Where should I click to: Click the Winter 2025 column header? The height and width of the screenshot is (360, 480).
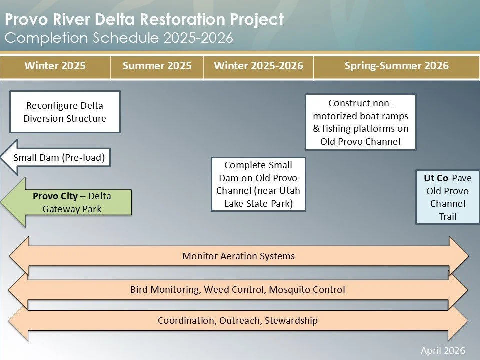55,66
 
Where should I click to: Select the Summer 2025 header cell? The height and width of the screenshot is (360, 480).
157,66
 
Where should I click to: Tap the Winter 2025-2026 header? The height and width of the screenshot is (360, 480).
258,66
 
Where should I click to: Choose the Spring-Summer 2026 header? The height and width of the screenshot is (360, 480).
396,66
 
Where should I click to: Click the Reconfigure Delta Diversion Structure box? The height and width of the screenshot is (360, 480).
65,112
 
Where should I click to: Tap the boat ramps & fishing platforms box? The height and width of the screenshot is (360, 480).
360,122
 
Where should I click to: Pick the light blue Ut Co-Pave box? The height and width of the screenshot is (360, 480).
447,197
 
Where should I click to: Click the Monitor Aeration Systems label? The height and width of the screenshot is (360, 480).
238,256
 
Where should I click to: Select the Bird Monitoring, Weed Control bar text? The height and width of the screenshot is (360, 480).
237,289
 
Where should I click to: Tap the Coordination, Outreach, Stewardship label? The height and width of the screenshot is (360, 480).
237,320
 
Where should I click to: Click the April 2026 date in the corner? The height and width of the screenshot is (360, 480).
443,350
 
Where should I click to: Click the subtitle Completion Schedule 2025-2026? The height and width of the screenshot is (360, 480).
119,37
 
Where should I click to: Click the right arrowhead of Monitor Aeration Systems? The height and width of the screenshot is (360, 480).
459,256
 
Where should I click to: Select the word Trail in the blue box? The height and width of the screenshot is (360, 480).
447,216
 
